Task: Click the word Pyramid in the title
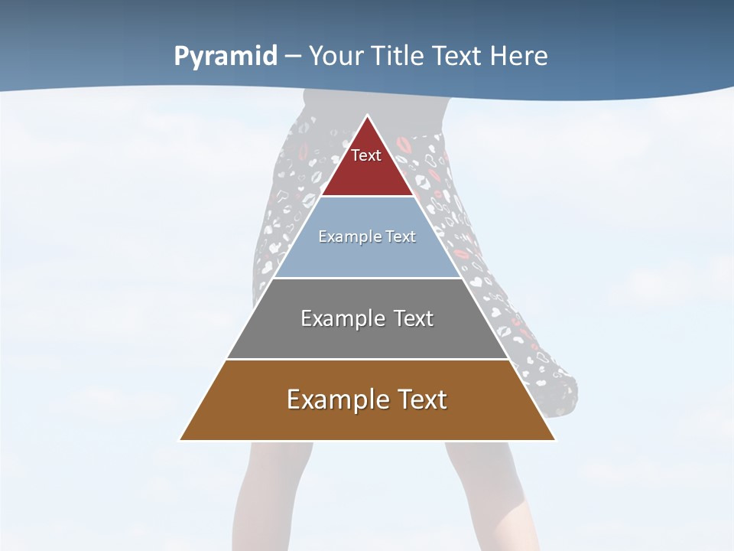click(225, 57)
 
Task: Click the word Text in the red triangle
click(366, 155)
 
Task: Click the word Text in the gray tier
click(414, 318)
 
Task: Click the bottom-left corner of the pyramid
click(180, 439)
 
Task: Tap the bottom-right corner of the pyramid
click(554, 439)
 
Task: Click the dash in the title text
click(292, 57)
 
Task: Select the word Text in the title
click(456, 57)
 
